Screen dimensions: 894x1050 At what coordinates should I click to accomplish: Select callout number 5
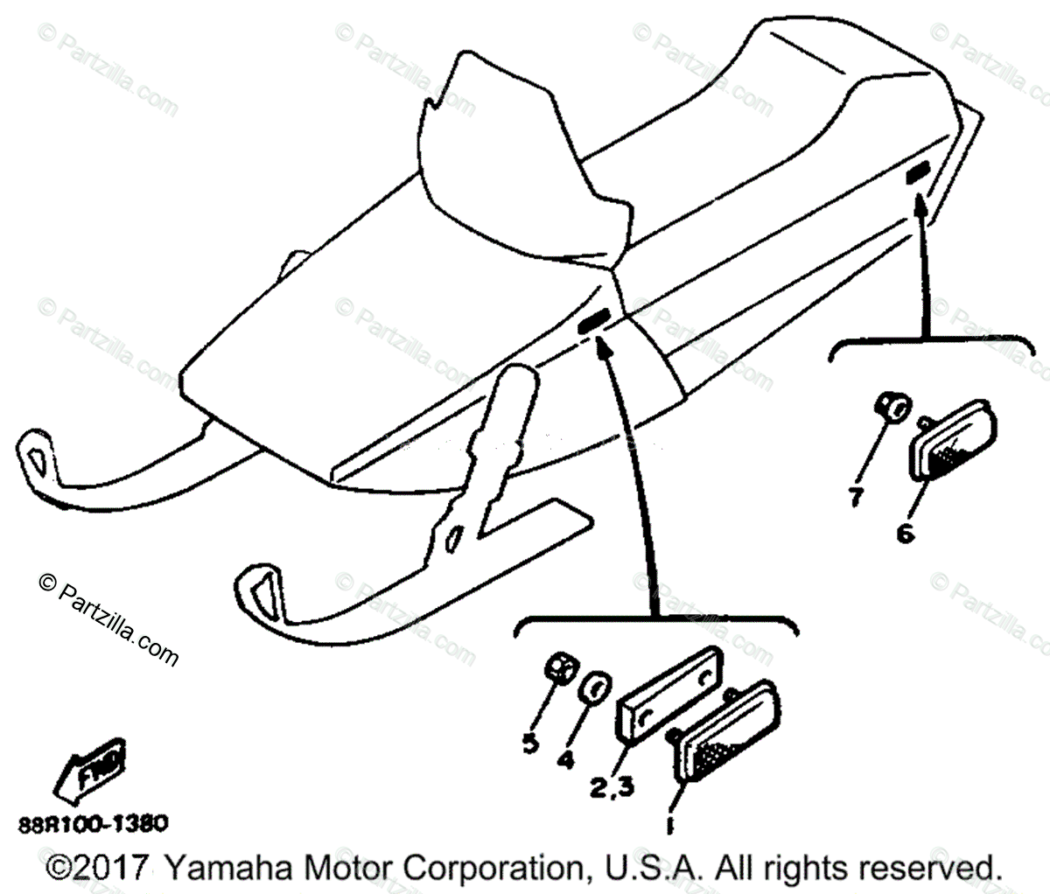(529, 744)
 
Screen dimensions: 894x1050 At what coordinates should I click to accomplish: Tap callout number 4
(565, 759)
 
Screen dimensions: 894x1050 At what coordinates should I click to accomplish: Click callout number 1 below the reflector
(669, 824)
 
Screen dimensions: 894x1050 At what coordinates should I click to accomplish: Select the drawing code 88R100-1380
(92, 824)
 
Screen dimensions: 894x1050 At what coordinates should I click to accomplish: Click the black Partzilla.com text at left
(108, 623)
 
